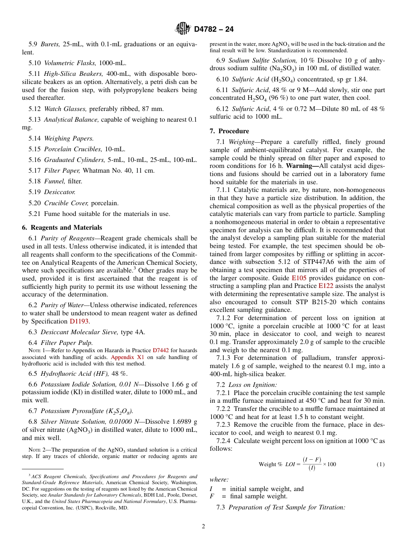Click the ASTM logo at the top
(x=183, y=29)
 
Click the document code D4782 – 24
(x=214, y=30)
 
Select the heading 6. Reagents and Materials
(x=62, y=228)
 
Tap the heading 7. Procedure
(x=229, y=131)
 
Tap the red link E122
(x=326, y=286)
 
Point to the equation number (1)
(x=380, y=464)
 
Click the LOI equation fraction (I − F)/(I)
(x=312, y=464)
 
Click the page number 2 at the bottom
(x=203, y=527)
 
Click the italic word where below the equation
(x=219, y=480)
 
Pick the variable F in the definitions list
(x=212, y=496)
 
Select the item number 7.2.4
(x=224, y=441)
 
